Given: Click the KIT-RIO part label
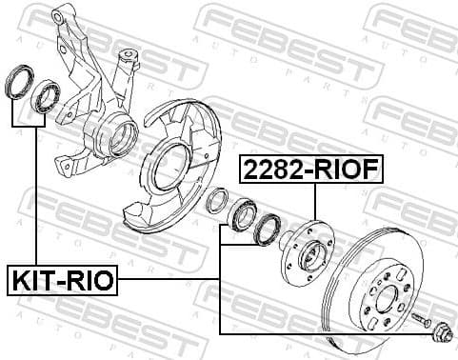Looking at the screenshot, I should coord(63,281).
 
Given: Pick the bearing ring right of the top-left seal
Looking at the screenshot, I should coord(44,97).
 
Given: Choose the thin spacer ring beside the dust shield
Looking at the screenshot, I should coord(217,200).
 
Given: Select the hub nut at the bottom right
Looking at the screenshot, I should coord(440,334).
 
